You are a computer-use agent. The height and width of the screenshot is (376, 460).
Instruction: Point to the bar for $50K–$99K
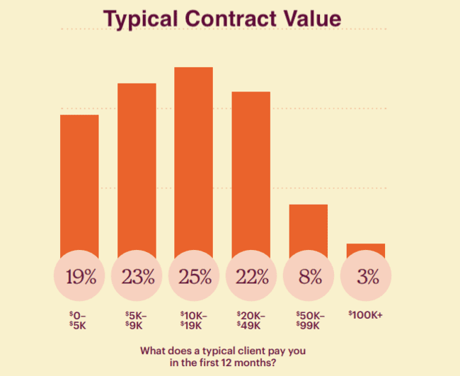pyautogui.click(x=308, y=227)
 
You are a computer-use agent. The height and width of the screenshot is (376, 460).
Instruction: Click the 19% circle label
pyautogui.click(x=79, y=276)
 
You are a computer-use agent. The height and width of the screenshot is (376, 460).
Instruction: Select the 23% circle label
pyautogui.click(x=137, y=276)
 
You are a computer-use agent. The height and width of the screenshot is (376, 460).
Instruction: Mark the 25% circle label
pyautogui.click(x=193, y=276)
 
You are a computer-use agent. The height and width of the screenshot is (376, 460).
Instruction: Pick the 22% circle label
pyautogui.click(x=251, y=276)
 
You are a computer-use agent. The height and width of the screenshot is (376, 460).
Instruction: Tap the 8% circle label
pyautogui.click(x=308, y=276)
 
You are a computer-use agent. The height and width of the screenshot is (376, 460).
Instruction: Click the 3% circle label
pyautogui.click(x=365, y=276)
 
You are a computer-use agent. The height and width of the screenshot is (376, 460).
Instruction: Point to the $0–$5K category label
pyautogui.click(x=79, y=319)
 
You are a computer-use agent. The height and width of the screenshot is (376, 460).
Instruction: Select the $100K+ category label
pyautogui.click(x=365, y=315)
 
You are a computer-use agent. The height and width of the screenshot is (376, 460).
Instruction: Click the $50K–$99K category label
pyautogui.click(x=308, y=319)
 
